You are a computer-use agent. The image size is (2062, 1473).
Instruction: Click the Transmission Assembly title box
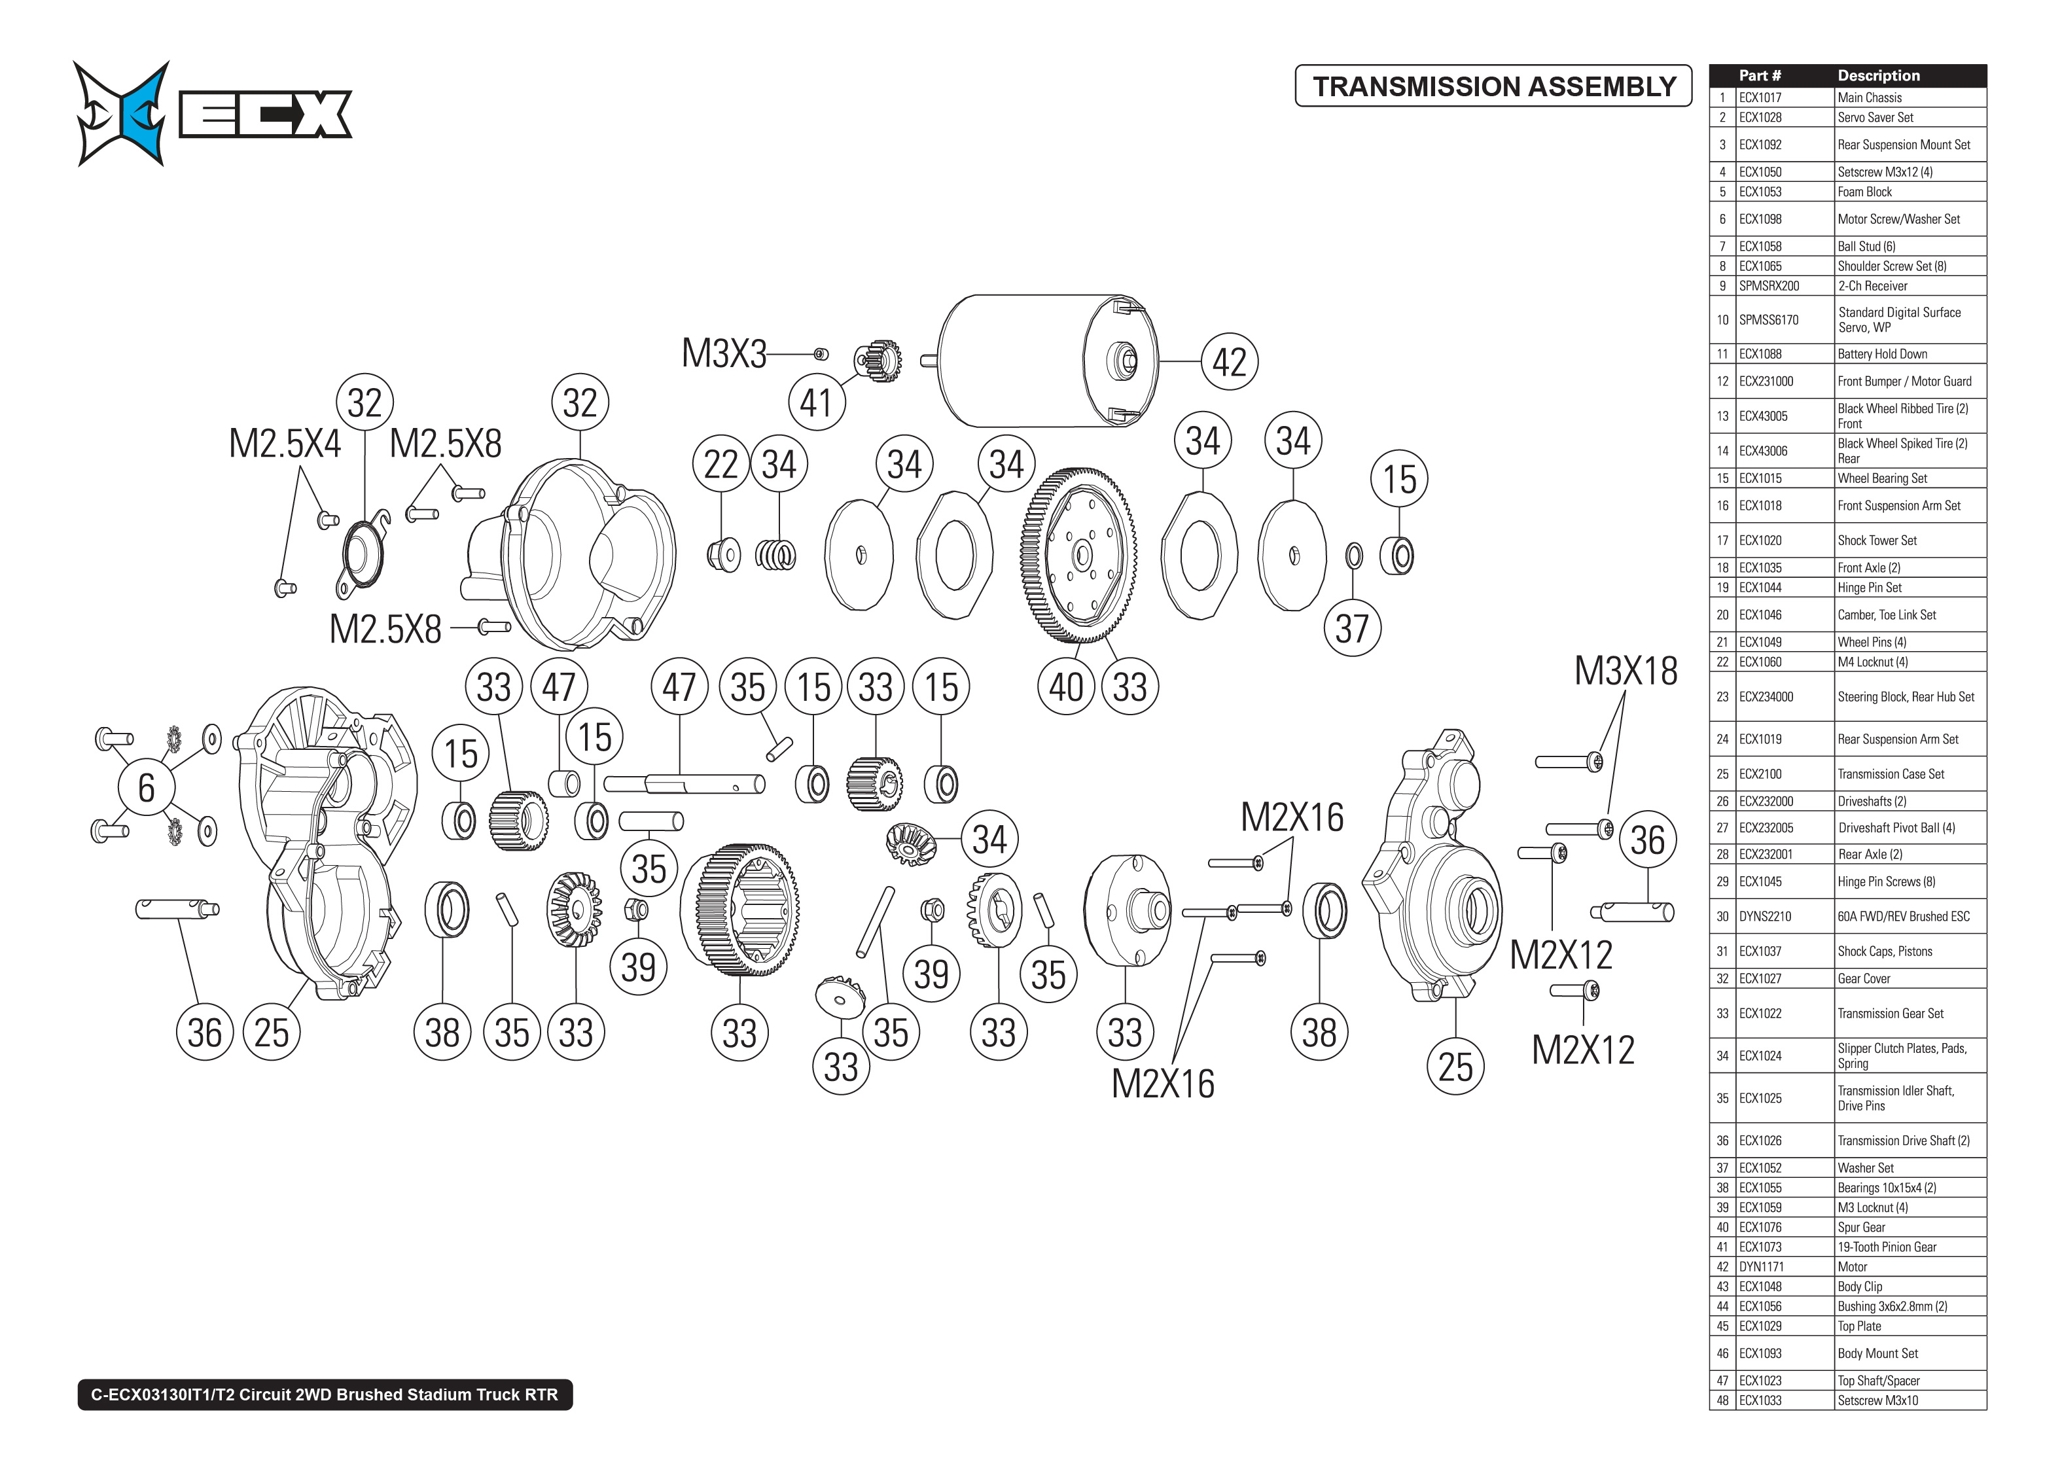1493,86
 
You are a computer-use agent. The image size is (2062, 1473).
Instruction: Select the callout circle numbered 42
1229,362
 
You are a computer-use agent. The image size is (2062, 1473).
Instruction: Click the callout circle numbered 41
815,402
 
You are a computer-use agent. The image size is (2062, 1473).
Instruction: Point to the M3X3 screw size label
724,354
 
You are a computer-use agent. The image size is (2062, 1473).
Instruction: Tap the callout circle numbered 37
1351,628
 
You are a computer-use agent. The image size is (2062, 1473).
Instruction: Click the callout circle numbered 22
721,465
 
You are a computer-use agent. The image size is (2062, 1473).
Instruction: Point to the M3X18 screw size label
1625,671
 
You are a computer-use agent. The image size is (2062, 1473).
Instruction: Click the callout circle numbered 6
146,787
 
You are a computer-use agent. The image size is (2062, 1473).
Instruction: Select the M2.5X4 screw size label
284,444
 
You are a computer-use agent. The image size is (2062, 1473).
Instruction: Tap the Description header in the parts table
1878,76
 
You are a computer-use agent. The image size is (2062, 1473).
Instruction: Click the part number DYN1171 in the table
1761,1267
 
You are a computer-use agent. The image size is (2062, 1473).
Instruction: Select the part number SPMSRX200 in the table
1768,286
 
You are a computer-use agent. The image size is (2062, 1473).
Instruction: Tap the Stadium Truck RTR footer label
325,1394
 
